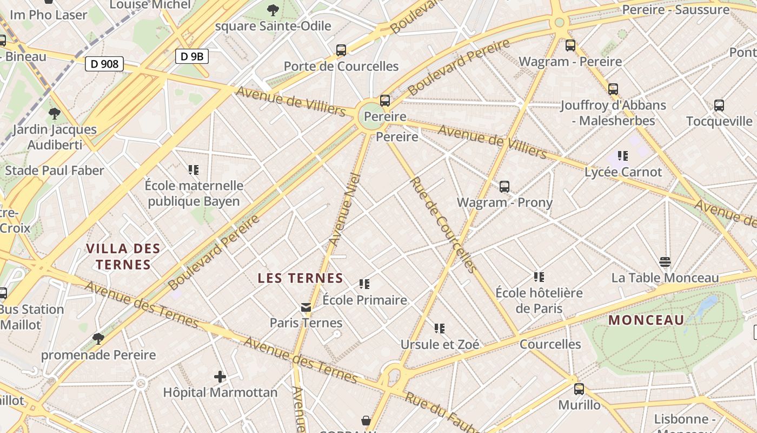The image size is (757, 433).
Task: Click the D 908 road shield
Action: pos(104,64)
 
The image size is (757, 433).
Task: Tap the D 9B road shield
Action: pos(191,56)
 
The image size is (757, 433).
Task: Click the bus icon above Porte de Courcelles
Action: pos(341,50)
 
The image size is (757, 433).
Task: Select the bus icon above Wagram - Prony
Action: pos(504,187)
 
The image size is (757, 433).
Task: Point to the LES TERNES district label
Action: pos(300,278)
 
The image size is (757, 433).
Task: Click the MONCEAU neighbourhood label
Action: pos(646,320)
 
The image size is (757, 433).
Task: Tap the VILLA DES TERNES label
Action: pos(123,257)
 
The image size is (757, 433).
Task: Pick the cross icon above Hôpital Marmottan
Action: pos(220,376)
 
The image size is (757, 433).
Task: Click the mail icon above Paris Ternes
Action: pos(306,307)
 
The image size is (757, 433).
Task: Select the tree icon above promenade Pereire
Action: pos(98,339)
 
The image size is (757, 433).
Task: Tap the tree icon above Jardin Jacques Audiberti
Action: pos(54,113)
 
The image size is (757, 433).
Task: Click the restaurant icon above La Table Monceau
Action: pos(665,262)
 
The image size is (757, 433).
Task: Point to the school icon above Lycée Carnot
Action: pos(623,156)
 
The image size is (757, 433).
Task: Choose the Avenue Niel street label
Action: pos(345,209)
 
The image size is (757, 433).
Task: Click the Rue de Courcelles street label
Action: pos(443,225)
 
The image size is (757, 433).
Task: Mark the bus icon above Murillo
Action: pos(579,389)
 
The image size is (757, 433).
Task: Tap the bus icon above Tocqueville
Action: pos(719,106)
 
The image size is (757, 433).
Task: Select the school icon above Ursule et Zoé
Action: pos(440,328)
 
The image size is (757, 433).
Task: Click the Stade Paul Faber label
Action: pos(55,170)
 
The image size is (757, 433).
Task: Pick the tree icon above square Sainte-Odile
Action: pos(273,10)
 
